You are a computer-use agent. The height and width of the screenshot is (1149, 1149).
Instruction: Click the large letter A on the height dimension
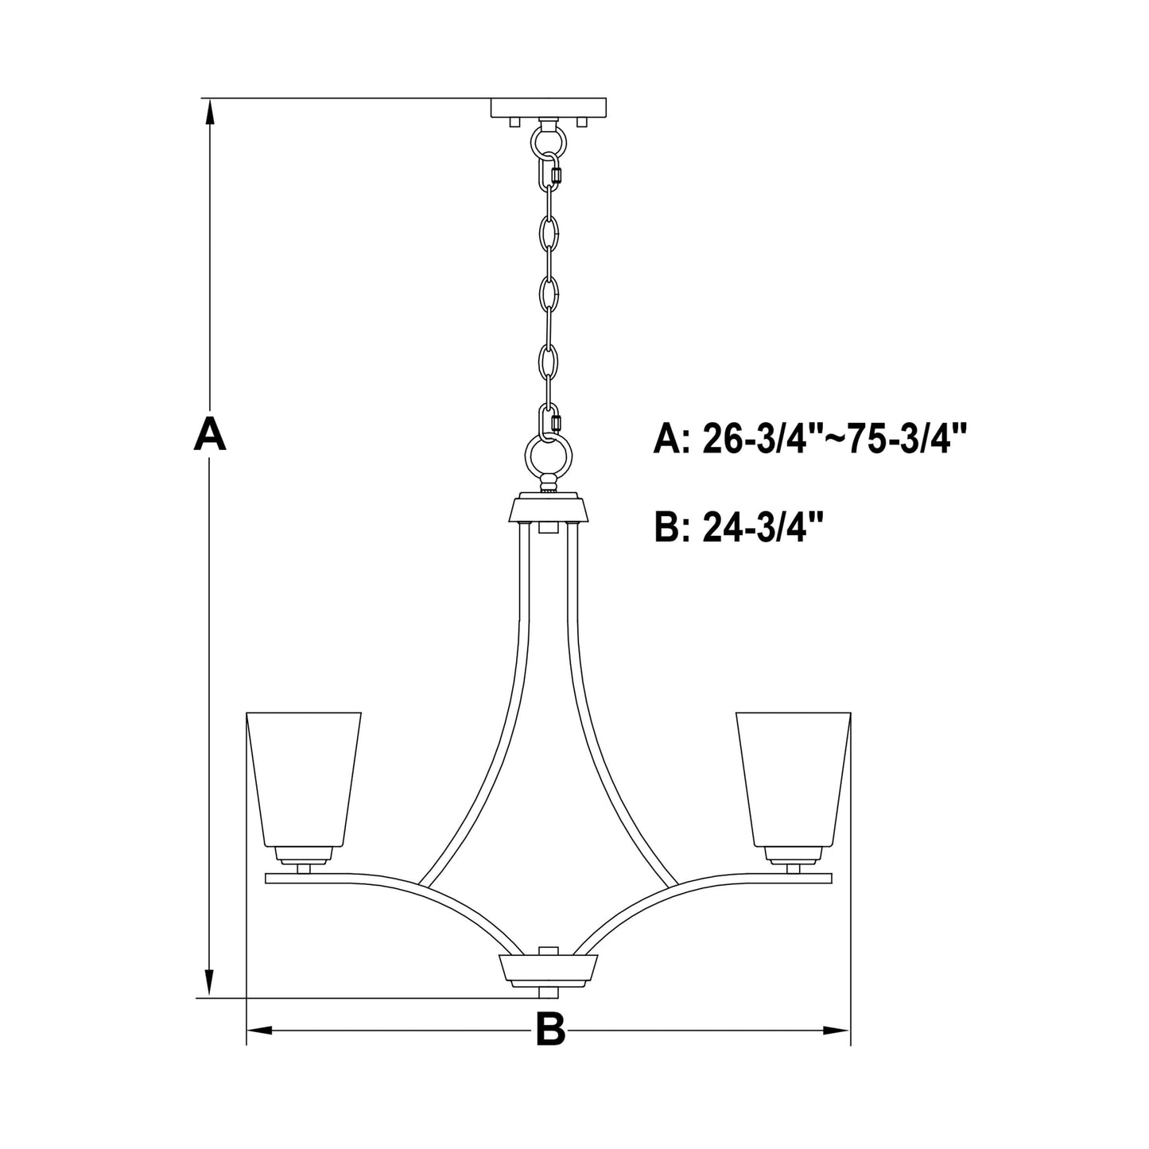210,433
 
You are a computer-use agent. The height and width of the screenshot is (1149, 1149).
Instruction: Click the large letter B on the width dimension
549,1030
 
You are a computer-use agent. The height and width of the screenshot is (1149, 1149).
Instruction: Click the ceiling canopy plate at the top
549,107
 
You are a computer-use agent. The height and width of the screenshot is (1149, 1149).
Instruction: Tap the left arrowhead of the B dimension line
260,1031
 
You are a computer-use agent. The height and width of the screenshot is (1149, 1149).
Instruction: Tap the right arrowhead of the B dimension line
837,1031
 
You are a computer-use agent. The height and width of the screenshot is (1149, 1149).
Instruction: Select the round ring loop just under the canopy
549,143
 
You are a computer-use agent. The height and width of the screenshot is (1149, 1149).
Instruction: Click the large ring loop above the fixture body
549,457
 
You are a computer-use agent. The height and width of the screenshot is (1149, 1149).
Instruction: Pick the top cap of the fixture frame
549,508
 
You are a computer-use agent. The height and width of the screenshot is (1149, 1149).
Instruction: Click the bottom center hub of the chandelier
549,969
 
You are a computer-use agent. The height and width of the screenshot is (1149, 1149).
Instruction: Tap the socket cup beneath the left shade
303,855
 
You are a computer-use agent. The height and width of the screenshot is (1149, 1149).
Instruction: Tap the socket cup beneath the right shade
794,855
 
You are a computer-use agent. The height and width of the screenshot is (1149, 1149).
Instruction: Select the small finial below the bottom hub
549,994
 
